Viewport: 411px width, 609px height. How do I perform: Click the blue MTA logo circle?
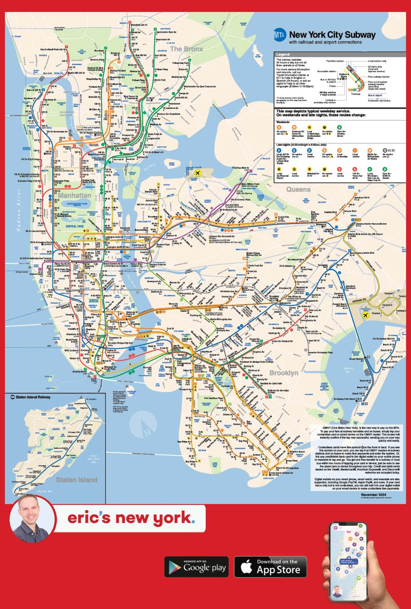coord(279,35)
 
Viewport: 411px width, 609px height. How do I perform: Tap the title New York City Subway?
coord(332,35)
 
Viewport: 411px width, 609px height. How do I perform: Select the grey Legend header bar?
coord(340,54)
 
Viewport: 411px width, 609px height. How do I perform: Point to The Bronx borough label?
coord(186,49)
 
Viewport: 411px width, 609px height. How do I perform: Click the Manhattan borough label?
coord(74,195)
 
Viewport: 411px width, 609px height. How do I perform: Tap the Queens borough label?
coord(298,190)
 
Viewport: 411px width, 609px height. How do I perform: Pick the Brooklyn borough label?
coord(284,373)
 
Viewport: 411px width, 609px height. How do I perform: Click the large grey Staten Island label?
coord(76,480)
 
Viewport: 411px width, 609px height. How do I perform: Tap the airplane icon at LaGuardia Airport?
coord(194,173)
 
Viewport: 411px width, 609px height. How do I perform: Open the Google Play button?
coord(196,567)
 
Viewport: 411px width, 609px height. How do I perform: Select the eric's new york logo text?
coord(131,518)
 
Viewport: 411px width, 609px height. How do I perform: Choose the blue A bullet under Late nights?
coord(279,151)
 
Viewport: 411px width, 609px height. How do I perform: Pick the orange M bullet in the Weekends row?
coord(294,127)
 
